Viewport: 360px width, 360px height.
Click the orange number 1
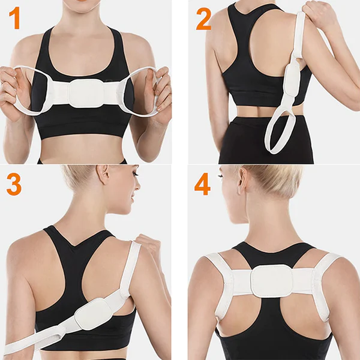coord(14,19)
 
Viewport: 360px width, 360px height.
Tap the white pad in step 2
coord(293,80)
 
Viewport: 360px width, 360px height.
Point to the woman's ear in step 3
coord(106,175)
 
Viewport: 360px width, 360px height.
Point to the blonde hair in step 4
coord(270,180)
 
